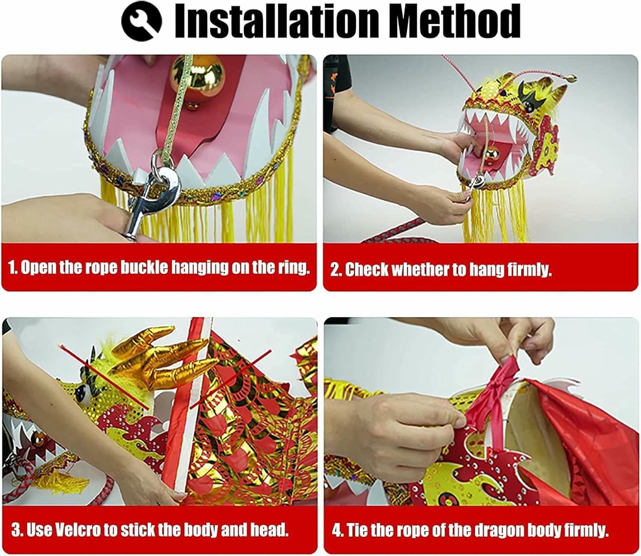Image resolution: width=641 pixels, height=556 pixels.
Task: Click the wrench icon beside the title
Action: tap(141, 20)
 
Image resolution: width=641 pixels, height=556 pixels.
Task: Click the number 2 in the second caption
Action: tap(335, 270)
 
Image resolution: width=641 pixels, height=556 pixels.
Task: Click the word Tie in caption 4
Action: tap(355, 530)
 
